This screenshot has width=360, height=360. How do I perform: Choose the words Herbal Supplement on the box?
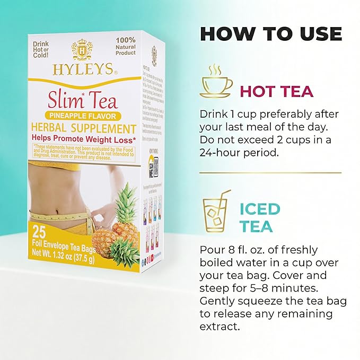84,128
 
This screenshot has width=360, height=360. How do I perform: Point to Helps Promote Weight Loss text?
84,138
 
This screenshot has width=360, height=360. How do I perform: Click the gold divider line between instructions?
270,172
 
